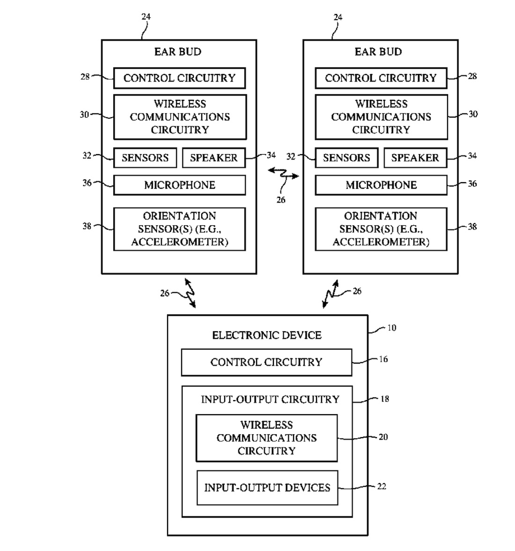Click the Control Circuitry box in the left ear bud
179,78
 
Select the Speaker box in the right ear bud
415,158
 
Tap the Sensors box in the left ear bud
145,158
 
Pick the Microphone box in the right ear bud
381,185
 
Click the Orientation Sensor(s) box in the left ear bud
179,229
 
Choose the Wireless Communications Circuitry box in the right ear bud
381,117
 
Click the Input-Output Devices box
267,488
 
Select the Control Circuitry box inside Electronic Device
266,362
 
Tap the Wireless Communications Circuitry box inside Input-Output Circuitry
266,438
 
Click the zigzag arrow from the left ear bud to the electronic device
190,293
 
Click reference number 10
391,328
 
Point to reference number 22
382,486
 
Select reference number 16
383,359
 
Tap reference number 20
383,437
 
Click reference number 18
384,399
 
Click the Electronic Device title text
267,335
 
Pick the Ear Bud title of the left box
178,52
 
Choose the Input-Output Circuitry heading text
270,399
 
